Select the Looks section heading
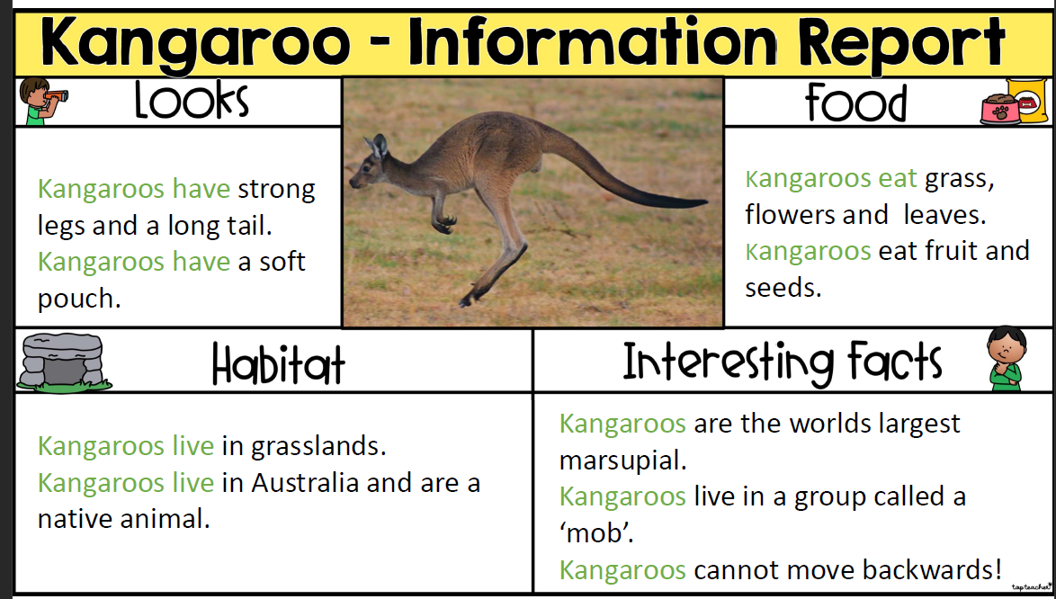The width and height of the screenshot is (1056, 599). click(x=192, y=101)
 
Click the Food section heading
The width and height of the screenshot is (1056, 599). click(x=856, y=103)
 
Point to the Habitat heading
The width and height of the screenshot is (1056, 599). click(x=278, y=364)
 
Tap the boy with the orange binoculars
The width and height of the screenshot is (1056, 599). click(x=41, y=101)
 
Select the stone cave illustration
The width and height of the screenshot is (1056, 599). click(x=63, y=362)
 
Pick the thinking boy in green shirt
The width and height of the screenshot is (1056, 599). click(x=1007, y=359)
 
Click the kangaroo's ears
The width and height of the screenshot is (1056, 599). click(x=376, y=146)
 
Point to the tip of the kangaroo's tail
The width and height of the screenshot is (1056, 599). click(x=705, y=201)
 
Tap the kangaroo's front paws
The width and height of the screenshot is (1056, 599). click(x=443, y=222)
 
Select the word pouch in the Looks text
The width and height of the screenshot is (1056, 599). click(x=79, y=299)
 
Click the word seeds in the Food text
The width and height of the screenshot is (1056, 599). click(x=783, y=288)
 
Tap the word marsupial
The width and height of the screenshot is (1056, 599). click(x=623, y=461)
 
